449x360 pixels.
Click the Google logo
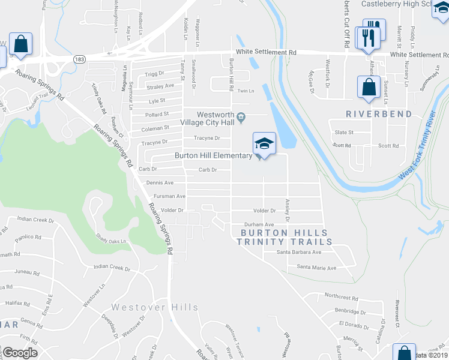coord(20,353)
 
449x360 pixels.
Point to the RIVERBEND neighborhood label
coord(378,114)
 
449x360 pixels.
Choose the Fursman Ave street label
coord(169,196)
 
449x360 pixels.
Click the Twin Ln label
coord(246,91)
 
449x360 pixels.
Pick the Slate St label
coord(344,133)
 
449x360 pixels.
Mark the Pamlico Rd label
coord(29,237)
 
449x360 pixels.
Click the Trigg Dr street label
coord(154,74)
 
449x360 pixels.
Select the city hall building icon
coord(241,116)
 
